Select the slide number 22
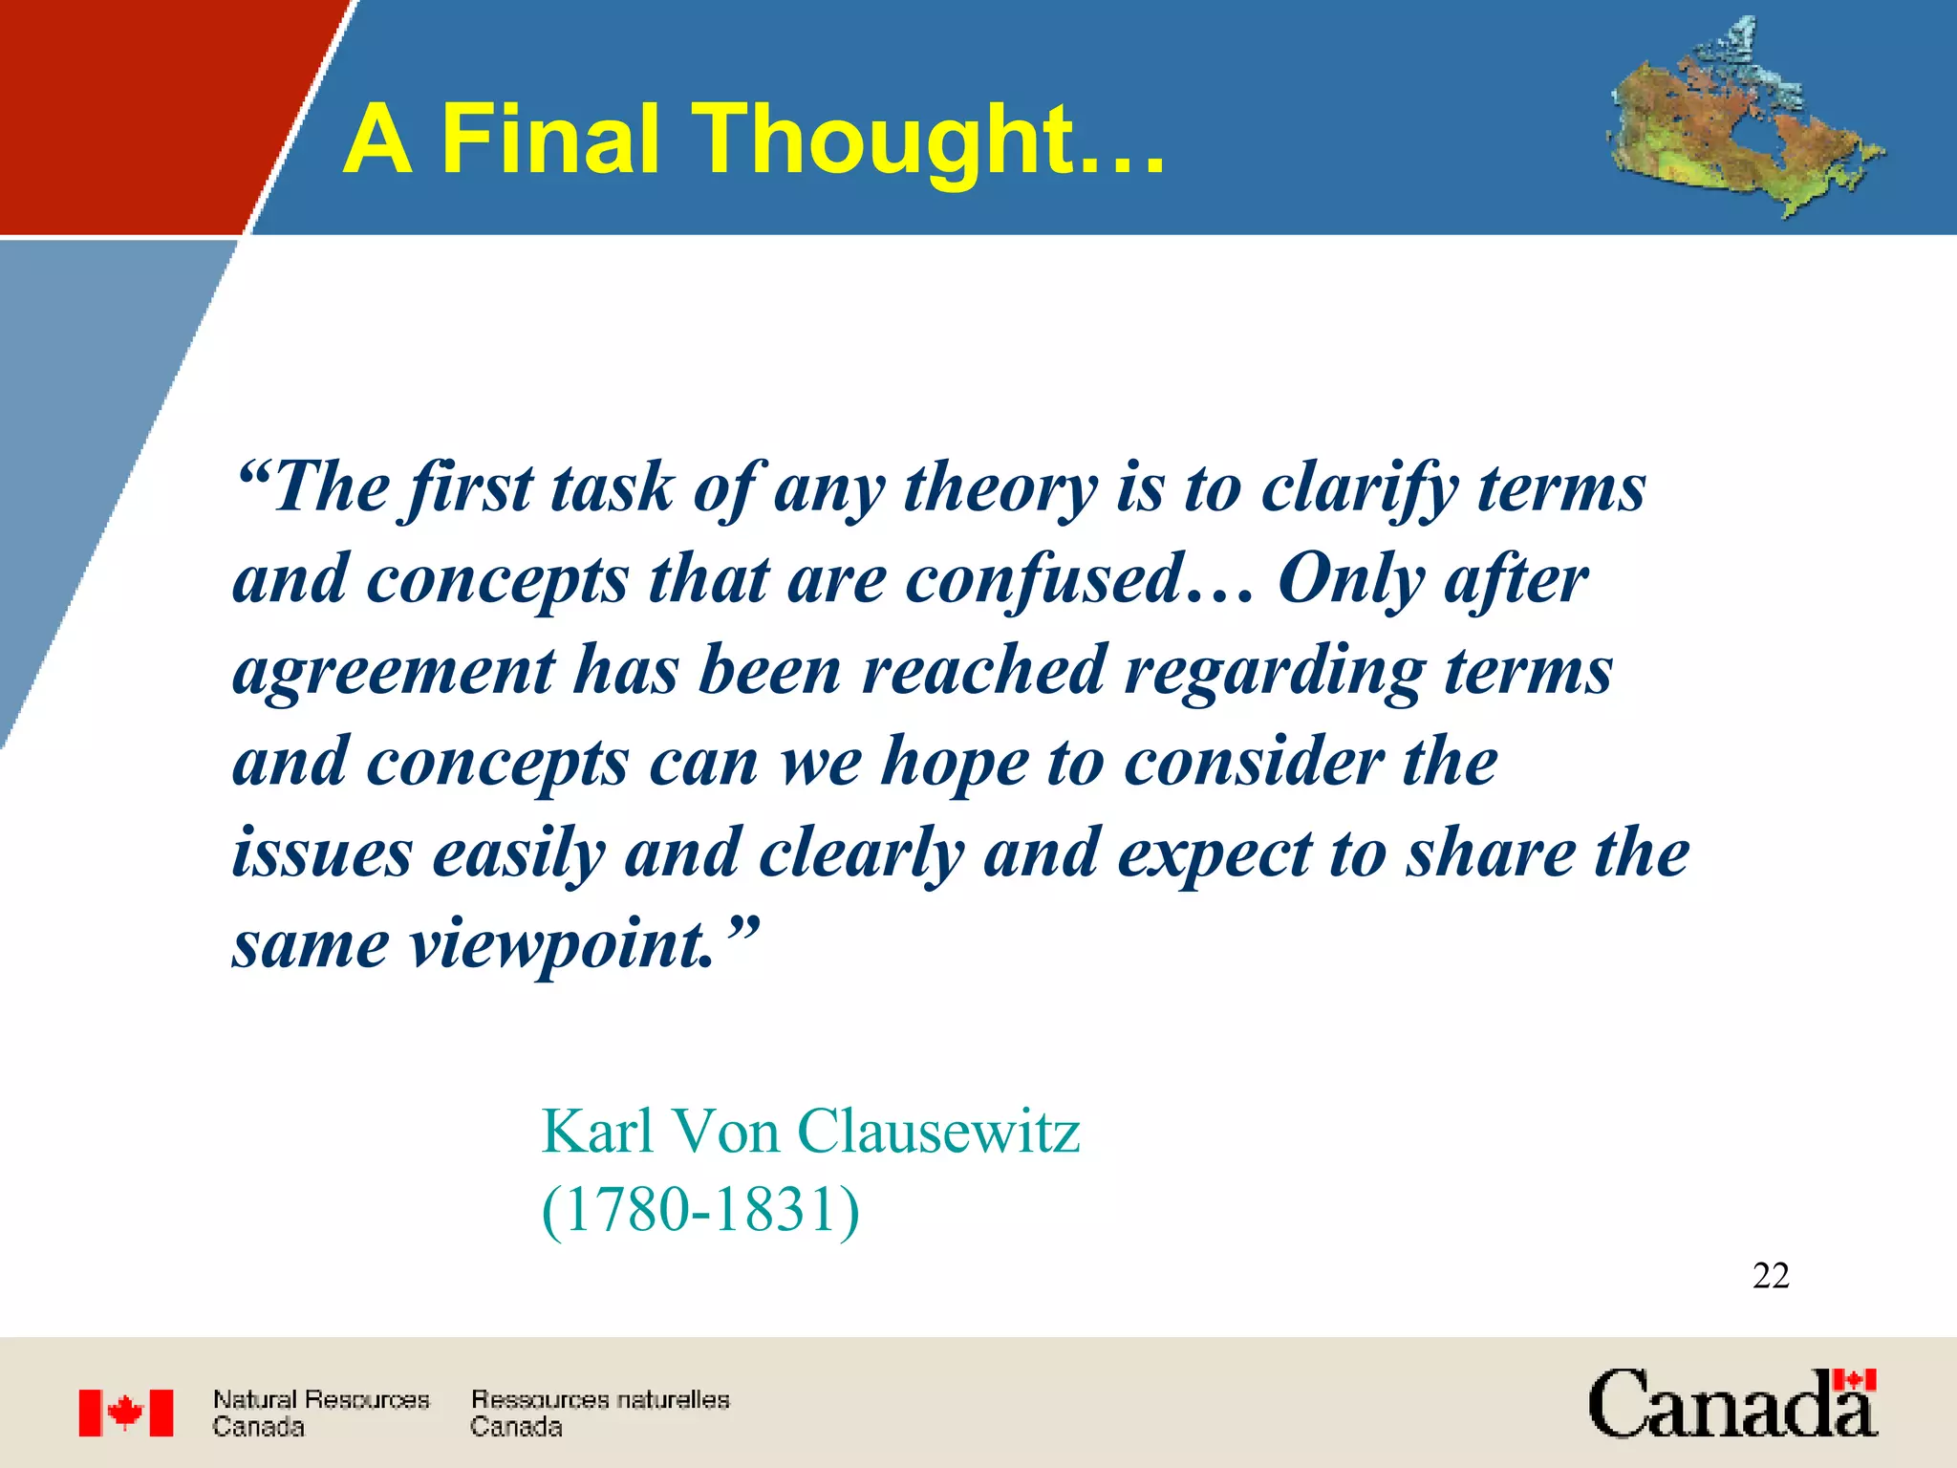(x=1771, y=1276)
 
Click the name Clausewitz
(x=938, y=1132)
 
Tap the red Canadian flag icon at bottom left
(x=126, y=1413)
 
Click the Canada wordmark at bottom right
(x=1732, y=1405)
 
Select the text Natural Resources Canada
(x=320, y=1413)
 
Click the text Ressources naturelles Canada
(x=599, y=1413)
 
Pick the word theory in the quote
(x=1000, y=489)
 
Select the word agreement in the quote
(x=393, y=672)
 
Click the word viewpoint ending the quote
(x=562, y=946)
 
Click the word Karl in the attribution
(x=597, y=1132)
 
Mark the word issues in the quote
(x=322, y=853)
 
